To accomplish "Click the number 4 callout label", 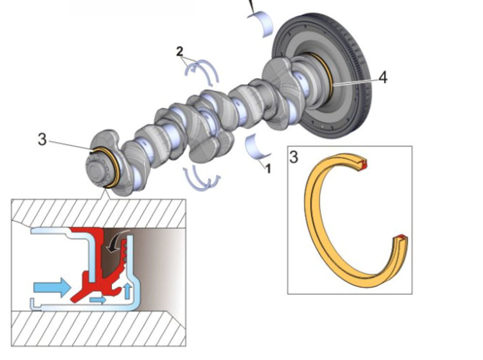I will point(383,77).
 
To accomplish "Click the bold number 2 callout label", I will point(180,52).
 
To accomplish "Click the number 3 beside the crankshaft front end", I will point(43,140).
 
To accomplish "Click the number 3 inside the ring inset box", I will point(294,157).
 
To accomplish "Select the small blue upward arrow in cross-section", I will point(127,291).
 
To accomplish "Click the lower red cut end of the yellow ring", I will point(402,237).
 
